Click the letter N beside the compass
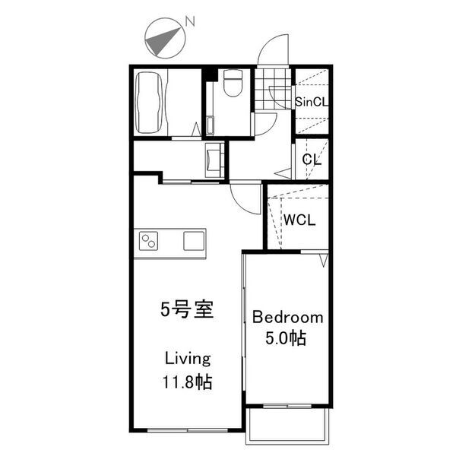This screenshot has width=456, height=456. [x=191, y=24]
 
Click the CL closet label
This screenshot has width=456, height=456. [x=312, y=160]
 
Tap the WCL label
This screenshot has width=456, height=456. [x=300, y=220]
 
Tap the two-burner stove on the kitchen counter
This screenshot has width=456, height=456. [x=149, y=242]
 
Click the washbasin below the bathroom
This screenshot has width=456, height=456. [x=214, y=159]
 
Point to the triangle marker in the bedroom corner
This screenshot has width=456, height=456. [x=324, y=261]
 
